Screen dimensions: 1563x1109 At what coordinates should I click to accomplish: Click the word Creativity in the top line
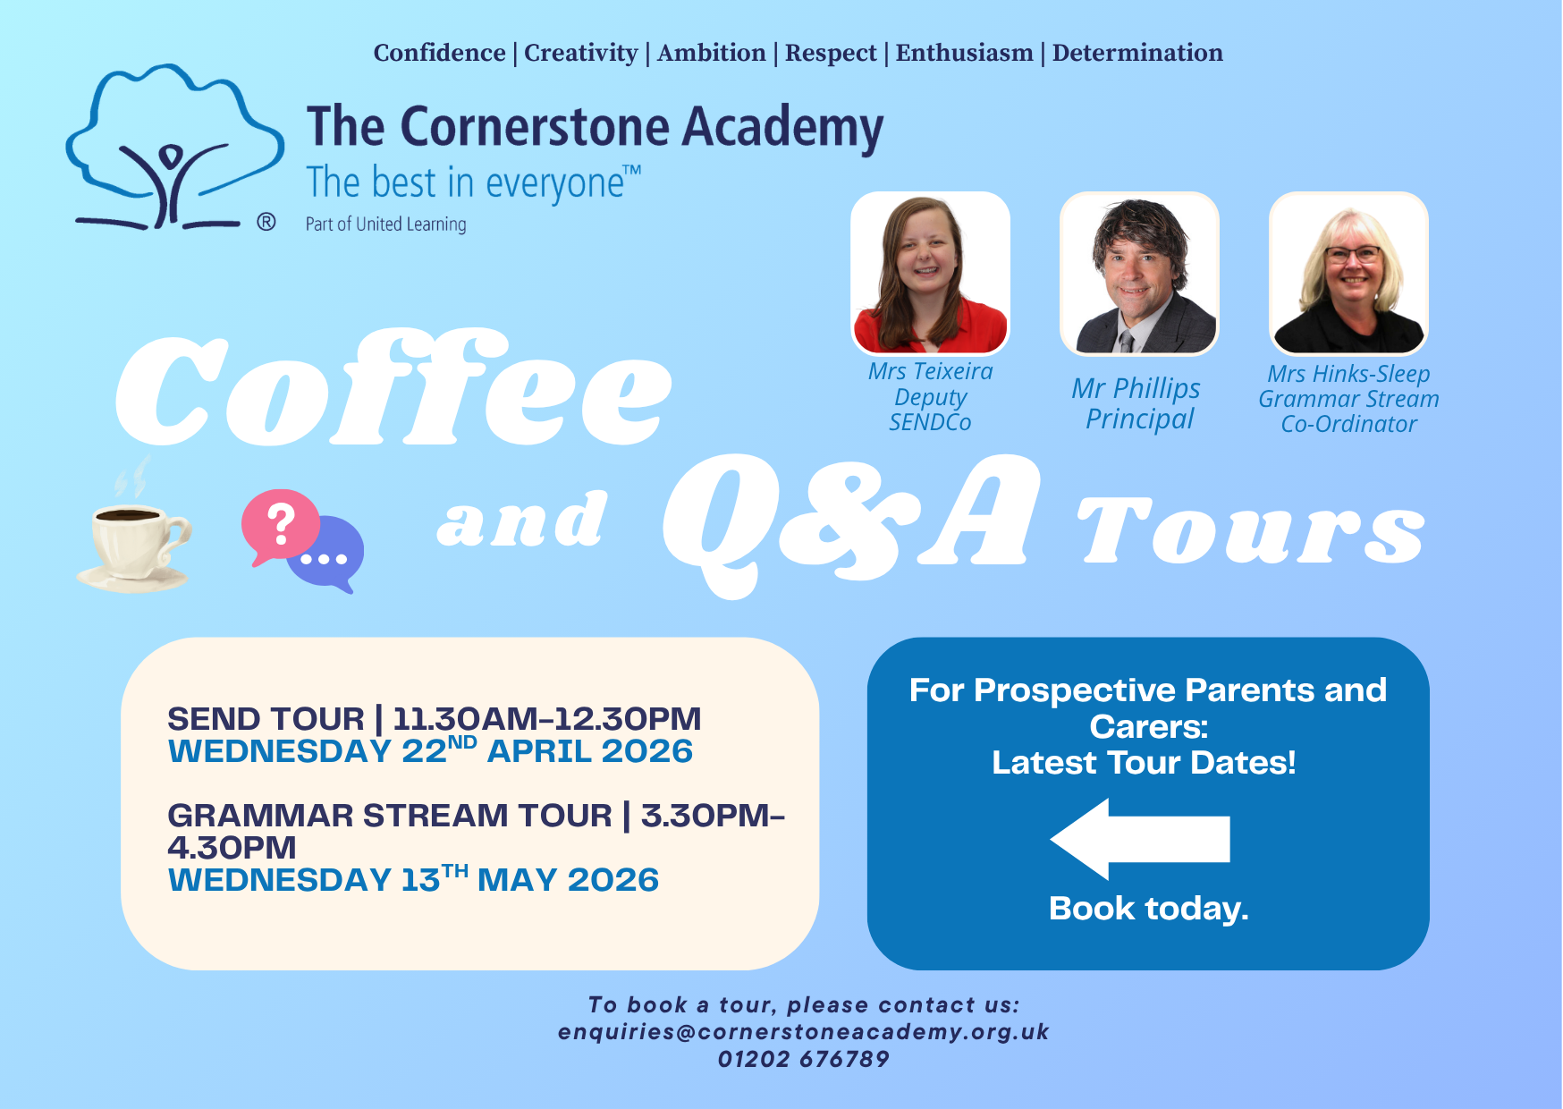click(581, 54)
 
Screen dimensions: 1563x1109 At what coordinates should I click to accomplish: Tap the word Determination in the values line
click(1137, 53)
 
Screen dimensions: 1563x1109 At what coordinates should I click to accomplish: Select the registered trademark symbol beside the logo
click(266, 222)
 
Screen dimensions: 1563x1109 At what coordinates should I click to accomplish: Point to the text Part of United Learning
click(385, 224)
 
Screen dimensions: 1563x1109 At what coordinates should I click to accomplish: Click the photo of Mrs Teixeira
click(931, 273)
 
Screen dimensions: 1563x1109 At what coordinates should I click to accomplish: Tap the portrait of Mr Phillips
click(1139, 273)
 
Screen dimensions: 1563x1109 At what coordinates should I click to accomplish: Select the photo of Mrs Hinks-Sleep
click(1348, 273)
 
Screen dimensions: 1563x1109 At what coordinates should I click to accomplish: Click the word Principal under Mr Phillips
click(1139, 419)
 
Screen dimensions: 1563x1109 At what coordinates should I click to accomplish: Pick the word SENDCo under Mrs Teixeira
click(930, 422)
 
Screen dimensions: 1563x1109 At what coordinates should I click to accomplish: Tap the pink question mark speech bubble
click(280, 526)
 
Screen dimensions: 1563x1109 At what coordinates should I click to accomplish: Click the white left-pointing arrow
click(1140, 839)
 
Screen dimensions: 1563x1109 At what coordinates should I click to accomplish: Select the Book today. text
click(1148, 909)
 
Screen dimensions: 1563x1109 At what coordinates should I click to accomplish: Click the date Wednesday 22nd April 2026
click(430, 749)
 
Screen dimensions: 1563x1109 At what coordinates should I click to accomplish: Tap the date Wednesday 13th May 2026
click(413, 878)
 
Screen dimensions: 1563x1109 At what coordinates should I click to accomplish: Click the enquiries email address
click(803, 1032)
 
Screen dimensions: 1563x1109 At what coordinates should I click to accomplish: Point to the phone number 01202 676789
click(803, 1059)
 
